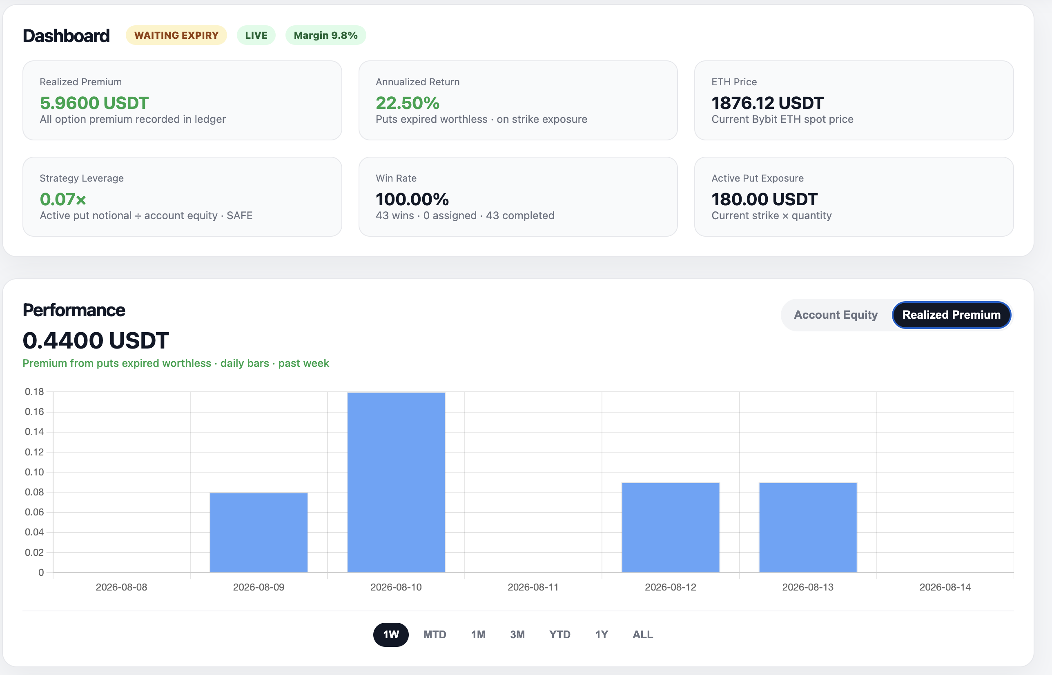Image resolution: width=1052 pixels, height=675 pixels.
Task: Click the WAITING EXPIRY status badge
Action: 176,35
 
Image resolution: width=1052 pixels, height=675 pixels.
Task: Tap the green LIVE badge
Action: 256,35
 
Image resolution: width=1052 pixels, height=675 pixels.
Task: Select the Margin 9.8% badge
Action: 325,35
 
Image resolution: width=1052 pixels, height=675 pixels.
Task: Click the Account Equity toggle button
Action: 836,315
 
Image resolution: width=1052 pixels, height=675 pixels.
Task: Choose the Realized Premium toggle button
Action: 951,315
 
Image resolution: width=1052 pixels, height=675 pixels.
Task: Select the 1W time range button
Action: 391,634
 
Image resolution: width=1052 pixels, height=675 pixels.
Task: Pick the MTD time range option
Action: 435,634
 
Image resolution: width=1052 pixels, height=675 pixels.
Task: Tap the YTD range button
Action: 559,634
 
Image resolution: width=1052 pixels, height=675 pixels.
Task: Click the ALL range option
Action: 642,634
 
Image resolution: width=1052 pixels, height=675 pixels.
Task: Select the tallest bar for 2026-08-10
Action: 396,482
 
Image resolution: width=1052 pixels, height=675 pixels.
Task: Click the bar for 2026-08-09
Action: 259,533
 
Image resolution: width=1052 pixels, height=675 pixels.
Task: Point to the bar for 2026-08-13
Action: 808,527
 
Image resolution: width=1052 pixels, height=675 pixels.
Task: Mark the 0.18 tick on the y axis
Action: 34,391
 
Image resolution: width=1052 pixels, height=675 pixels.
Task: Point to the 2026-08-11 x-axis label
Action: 533,587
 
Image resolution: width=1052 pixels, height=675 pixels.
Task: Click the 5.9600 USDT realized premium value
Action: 94,103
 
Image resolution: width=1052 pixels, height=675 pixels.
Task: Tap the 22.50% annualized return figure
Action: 408,103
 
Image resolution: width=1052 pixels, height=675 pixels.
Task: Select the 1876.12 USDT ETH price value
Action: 767,103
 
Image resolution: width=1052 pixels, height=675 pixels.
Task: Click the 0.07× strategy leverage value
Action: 63,200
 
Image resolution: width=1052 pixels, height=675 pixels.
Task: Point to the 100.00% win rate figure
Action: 412,200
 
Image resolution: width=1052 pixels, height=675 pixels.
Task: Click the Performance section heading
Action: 74,310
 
